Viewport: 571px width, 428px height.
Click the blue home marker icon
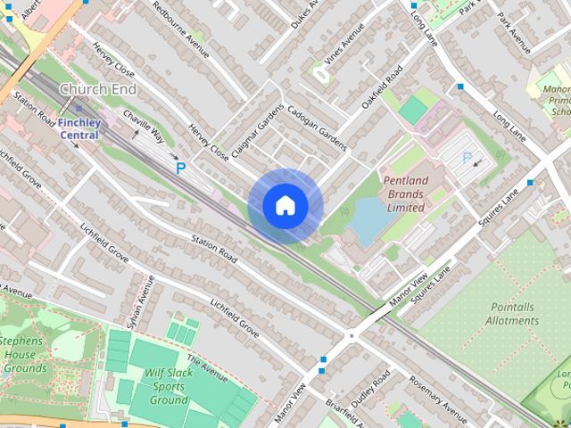[285, 206]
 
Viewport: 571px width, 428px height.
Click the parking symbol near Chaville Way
[181, 168]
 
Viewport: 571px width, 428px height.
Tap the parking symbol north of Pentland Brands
[466, 158]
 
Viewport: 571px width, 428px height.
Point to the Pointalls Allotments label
[513, 313]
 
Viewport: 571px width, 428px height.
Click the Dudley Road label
[370, 391]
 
